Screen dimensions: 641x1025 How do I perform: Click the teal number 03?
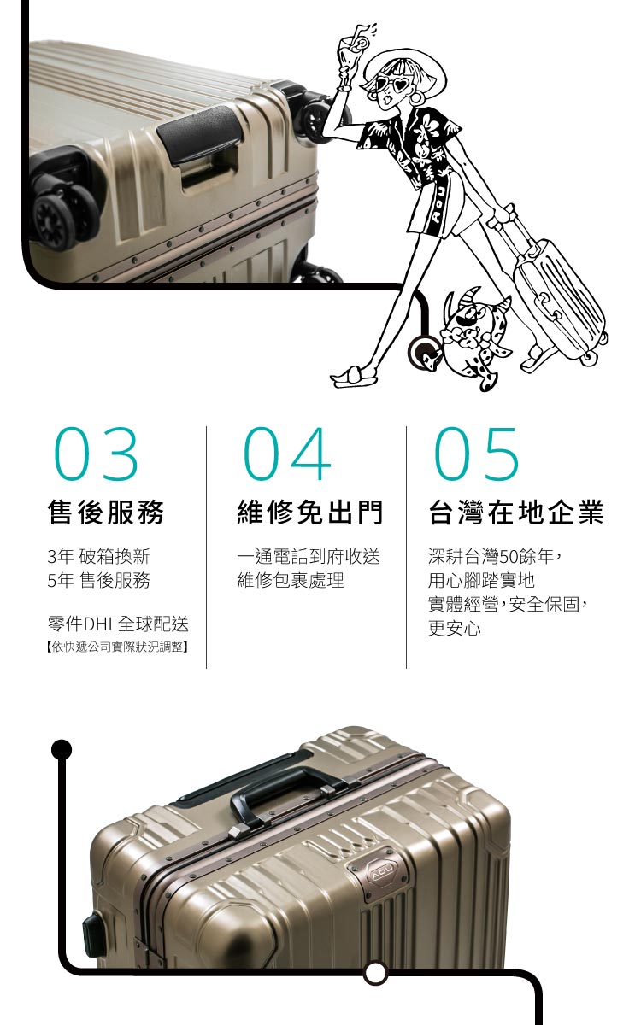pyautogui.click(x=96, y=454)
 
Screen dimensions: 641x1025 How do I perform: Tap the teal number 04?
pyautogui.click(x=287, y=454)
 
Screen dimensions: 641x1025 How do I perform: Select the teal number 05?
pyautogui.click(x=476, y=454)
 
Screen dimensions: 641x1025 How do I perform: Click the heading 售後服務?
pyautogui.click(x=106, y=512)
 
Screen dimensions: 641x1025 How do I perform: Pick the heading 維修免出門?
pyautogui.click(x=310, y=512)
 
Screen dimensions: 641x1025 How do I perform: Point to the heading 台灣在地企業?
pyautogui.click(x=516, y=512)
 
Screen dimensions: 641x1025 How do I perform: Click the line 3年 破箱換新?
pyautogui.click(x=99, y=556)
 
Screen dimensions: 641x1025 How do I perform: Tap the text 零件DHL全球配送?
pyautogui.click(x=118, y=624)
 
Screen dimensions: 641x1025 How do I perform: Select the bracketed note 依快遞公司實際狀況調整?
pyautogui.click(x=118, y=647)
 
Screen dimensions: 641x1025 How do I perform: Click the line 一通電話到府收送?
pyautogui.click(x=309, y=556)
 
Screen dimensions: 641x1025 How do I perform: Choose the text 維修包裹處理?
pyautogui.click(x=291, y=580)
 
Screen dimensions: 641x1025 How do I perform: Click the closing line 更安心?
pyautogui.click(x=455, y=628)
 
